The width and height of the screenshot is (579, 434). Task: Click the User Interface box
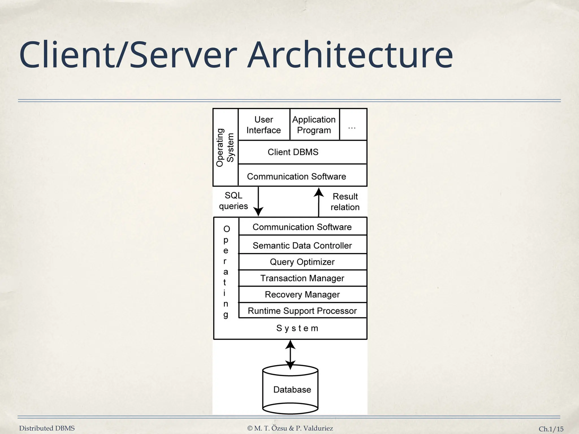pyautogui.click(x=264, y=125)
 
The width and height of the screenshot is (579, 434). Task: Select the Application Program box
pyautogui.click(x=314, y=125)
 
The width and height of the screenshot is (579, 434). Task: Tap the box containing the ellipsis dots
pyautogui.click(x=352, y=125)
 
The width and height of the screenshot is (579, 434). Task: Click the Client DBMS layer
pyautogui.click(x=293, y=152)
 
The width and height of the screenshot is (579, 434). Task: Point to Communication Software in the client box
pyautogui.click(x=297, y=176)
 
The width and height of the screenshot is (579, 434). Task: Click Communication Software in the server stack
pyautogui.click(x=302, y=227)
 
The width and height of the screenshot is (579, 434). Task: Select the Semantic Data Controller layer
pyautogui.click(x=302, y=245)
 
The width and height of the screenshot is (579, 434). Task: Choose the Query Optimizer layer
pyautogui.click(x=302, y=262)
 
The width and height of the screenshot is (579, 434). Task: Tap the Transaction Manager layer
pyautogui.click(x=302, y=278)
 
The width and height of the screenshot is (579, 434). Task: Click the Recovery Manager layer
pyautogui.click(x=302, y=294)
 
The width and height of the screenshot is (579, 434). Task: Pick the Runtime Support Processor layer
pyautogui.click(x=302, y=311)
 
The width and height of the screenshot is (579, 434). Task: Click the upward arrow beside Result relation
pyautogui.click(x=319, y=202)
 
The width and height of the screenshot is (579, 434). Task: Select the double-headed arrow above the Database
pyautogui.click(x=290, y=354)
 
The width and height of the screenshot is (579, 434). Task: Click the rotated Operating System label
pyautogui.click(x=225, y=147)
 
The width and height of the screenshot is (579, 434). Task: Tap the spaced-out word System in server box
pyautogui.click(x=297, y=328)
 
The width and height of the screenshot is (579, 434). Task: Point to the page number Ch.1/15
pyautogui.click(x=551, y=429)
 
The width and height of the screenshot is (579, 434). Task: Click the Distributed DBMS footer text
pyautogui.click(x=47, y=428)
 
